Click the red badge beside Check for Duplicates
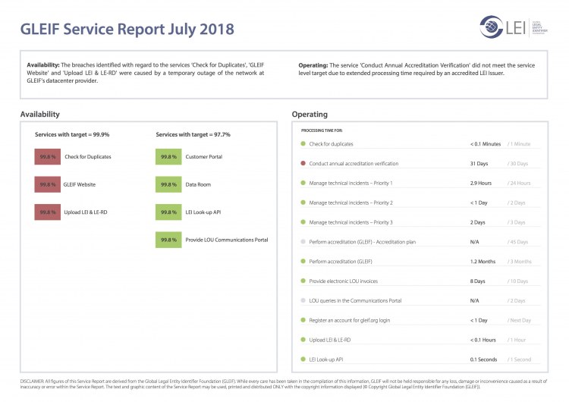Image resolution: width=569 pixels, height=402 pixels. point(48,157)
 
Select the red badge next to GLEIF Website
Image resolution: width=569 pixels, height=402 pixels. point(48,184)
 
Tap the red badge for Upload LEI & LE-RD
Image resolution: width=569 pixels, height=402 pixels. point(48,212)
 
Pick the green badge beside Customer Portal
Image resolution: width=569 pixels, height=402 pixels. point(168,157)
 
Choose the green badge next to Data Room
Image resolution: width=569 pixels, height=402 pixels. point(168,184)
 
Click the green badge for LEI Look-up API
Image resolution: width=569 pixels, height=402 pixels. point(168,212)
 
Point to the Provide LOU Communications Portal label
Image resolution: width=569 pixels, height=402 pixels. point(228,240)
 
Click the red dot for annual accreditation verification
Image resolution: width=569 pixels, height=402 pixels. point(303,163)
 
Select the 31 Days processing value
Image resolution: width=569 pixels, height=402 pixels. point(479,163)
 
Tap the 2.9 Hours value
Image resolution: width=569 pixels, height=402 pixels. point(481,183)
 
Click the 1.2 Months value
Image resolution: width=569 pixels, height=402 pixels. point(483,261)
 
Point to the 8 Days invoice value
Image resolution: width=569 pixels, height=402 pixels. point(478,281)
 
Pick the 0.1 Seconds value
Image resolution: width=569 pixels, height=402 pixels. point(484,359)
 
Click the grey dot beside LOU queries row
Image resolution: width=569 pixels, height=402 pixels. point(303,300)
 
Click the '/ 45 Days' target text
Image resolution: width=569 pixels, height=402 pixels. point(518,242)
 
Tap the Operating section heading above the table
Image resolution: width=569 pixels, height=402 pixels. point(310,115)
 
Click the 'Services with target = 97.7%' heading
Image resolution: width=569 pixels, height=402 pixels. point(193,134)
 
